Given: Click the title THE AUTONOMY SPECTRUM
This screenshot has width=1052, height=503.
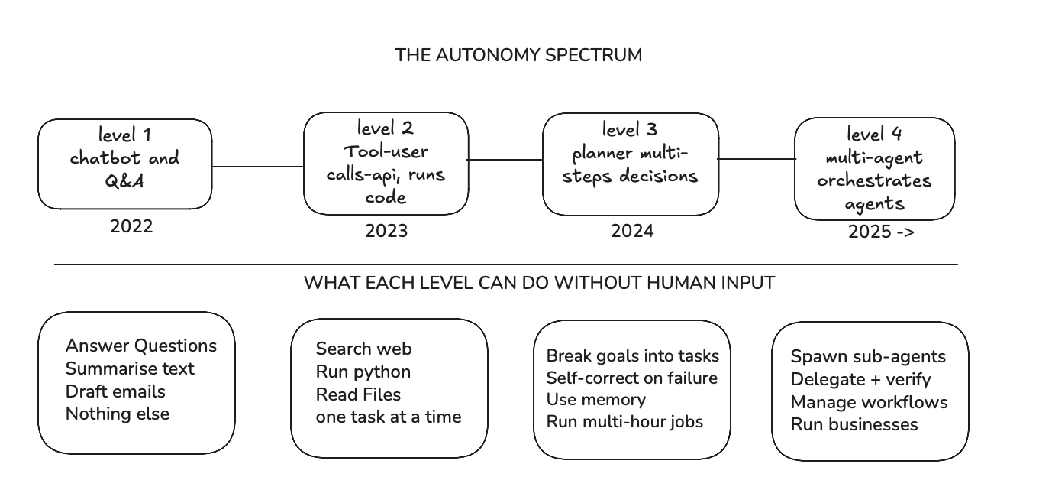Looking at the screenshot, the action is tap(518, 55).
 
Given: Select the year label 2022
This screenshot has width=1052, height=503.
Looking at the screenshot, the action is tap(131, 226).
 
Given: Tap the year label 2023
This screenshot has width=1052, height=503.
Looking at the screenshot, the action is tap(386, 232).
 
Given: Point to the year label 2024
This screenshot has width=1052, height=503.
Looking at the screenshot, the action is tap(632, 232).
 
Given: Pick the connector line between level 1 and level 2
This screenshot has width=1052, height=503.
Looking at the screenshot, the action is tap(258, 167).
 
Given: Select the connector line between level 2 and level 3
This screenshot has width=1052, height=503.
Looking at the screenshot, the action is tap(505, 160).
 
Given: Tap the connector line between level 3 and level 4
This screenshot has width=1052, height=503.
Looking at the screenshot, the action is tap(757, 159).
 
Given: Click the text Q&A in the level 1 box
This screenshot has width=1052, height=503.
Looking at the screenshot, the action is tap(124, 181).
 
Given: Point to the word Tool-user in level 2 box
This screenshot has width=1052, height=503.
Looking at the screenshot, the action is tap(386, 151).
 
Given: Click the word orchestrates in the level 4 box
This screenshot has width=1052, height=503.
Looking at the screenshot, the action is tap(874, 180).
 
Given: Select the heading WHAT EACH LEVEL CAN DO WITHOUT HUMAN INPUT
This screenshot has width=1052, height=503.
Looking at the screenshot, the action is tap(539, 283).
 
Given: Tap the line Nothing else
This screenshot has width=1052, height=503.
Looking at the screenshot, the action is tap(118, 414).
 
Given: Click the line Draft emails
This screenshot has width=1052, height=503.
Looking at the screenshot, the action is tap(115, 391).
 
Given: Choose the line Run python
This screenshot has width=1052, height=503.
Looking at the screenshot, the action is tap(363, 372).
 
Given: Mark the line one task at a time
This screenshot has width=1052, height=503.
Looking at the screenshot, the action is tap(389, 417).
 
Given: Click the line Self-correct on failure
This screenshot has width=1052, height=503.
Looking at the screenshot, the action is tap(631, 378).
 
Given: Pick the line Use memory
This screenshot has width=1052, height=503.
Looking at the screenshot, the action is tap(596, 400).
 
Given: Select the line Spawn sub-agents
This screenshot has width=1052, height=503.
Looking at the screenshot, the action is tap(868, 356).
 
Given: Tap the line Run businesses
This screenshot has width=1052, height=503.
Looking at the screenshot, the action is tap(854, 424).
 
